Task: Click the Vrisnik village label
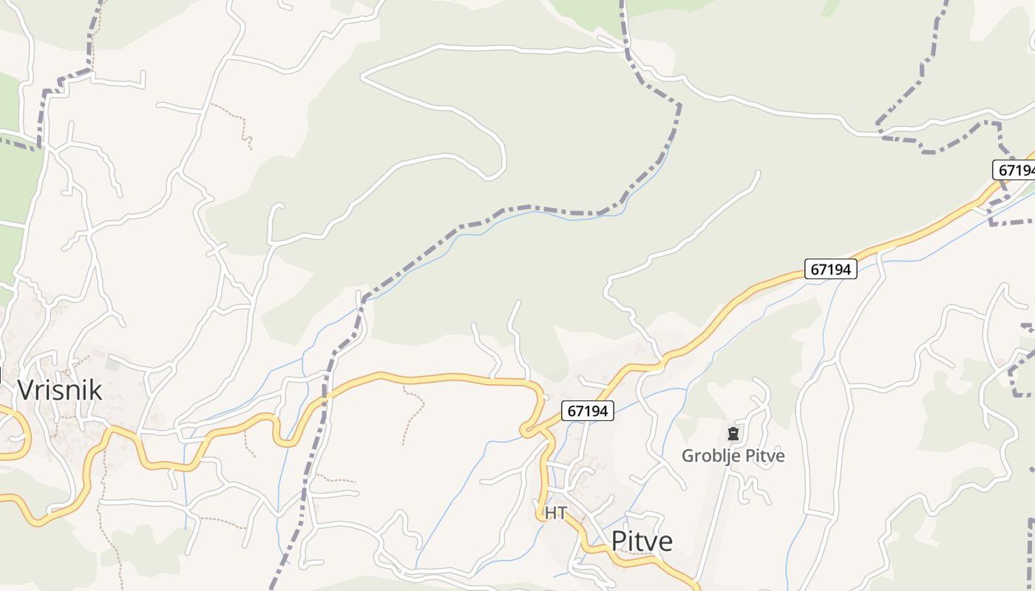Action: pos(60,389)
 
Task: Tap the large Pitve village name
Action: pos(642,542)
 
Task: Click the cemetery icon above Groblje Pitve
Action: pos(733,434)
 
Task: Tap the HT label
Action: pos(555,513)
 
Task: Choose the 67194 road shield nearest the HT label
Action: pos(588,411)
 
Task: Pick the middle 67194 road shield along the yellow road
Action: pos(830,269)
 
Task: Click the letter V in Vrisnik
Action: pos(26,389)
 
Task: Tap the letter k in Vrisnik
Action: pos(95,389)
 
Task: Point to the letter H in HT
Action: pos(551,513)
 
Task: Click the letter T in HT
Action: pos(561,513)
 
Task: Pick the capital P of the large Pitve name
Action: pos(619,542)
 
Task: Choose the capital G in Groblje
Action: pos(688,456)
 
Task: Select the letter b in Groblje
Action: pos(713,456)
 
